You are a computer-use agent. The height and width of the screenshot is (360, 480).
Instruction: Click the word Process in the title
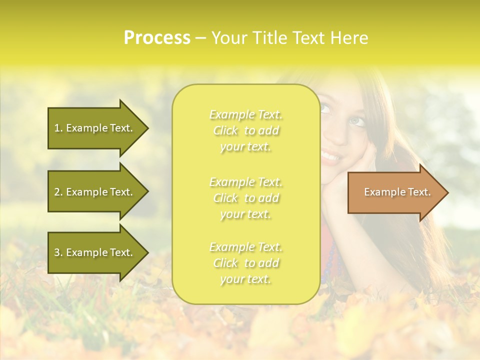(x=157, y=38)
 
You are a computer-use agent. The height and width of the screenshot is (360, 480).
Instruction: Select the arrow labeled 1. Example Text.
(x=95, y=128)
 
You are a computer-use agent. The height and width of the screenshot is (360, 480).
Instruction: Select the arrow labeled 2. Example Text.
(x=95, y=192)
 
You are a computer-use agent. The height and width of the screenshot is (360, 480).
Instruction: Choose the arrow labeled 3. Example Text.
(x=95, y=252)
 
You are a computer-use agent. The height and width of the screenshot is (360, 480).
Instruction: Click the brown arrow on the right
(x=395, y=192)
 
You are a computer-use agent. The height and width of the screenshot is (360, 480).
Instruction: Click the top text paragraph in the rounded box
(x=246, y=130)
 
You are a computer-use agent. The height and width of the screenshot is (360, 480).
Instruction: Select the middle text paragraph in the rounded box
(x=246, y=198)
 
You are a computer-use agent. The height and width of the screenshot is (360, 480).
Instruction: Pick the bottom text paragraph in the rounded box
(x=246, y=263)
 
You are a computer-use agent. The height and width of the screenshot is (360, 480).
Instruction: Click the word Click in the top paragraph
(x=225, y=130)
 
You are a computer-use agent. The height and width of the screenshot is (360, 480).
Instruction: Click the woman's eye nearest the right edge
(x=357, y=121)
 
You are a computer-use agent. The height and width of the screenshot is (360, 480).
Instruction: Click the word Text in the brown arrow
(x=418, y=192)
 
